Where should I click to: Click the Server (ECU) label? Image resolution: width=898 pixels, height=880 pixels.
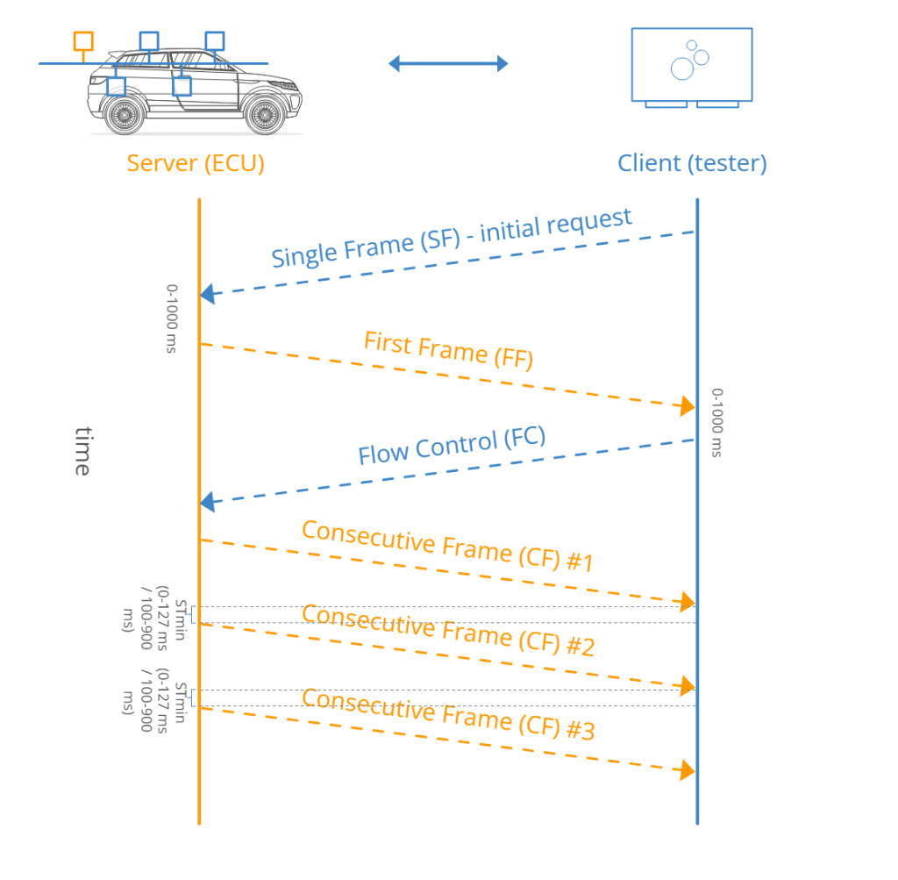(195, 163)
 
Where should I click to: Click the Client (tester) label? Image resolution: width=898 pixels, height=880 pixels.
(692, 163)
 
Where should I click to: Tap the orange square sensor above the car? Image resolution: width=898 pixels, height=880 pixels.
(83, 40)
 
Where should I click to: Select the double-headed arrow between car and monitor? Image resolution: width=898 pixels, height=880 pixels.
(448, 63)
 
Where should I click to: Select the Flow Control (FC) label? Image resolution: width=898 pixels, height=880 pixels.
(452, 447)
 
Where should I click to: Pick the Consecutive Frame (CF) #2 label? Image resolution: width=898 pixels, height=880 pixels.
(448, 630)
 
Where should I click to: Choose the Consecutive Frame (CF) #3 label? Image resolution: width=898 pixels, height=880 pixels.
(448, 713)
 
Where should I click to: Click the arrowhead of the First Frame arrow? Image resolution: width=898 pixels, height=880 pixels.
(685, 405)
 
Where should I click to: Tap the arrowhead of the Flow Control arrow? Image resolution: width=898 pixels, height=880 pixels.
(208, 503)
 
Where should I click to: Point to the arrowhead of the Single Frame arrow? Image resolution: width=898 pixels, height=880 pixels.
(208, 295)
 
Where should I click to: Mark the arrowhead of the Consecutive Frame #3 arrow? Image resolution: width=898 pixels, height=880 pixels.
(685, 770)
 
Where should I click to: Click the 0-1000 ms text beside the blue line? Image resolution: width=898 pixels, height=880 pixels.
(717, 423)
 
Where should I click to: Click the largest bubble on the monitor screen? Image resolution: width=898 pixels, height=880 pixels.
(682, 68)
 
